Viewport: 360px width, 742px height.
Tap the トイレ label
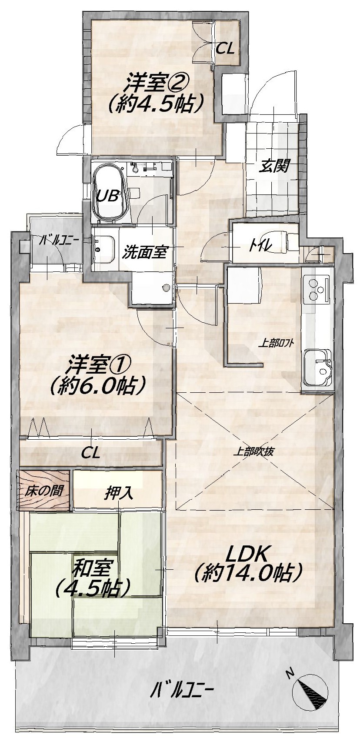click(260, 246)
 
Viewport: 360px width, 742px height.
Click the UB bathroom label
click(107, 197)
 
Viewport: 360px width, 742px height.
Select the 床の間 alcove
click(44, 490)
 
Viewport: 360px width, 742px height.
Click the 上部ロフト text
click(276, 343)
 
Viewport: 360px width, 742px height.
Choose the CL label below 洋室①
click(90, 453)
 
